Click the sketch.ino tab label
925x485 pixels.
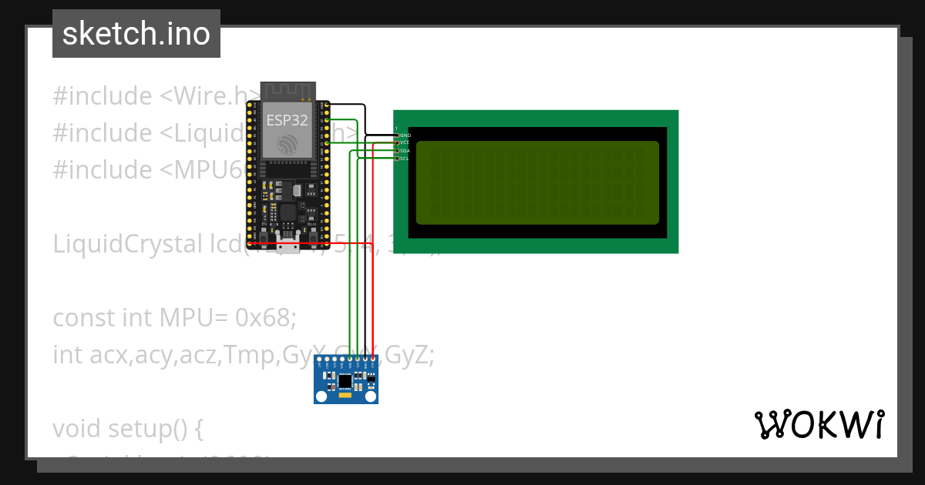pos(136,34)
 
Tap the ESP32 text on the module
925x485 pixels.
pos(287,120)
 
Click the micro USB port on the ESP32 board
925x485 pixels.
pos(288,246)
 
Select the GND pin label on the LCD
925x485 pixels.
pos(405,135)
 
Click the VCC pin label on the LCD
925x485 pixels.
pos(405,143)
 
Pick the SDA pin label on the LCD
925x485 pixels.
pos(405,151)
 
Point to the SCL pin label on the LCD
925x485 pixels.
pos(405,159)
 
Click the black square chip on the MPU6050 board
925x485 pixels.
pos(345,380)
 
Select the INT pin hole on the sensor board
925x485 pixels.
pos(320,360)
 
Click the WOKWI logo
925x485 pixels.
pos(819,424)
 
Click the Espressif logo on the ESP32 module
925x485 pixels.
pos(287,144)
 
